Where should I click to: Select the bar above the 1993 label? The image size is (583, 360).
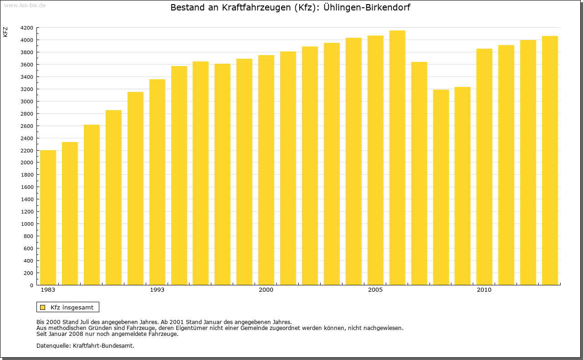click(x=157, y=182)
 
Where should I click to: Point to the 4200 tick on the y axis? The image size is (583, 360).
click(x=27, y=28)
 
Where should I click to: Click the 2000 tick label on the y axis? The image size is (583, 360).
click(x=27, y=162)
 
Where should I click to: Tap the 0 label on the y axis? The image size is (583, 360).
click(x=31, y=285)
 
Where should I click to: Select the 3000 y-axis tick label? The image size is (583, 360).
click(x=27, y=101)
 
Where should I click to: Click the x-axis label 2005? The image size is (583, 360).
click(x=375, y=290)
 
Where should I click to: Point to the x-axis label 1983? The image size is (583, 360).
click(x=48, y=290)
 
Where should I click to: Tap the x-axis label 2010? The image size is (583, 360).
click(x=484, y=290)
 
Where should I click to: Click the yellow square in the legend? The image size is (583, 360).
click(x=43, y=307)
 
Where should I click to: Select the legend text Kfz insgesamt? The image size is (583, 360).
click(x=72, y=307)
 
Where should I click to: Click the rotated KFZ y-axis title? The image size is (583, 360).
click(x=5, y=32)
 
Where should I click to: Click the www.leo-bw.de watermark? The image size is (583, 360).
click(x=25, y=5)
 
